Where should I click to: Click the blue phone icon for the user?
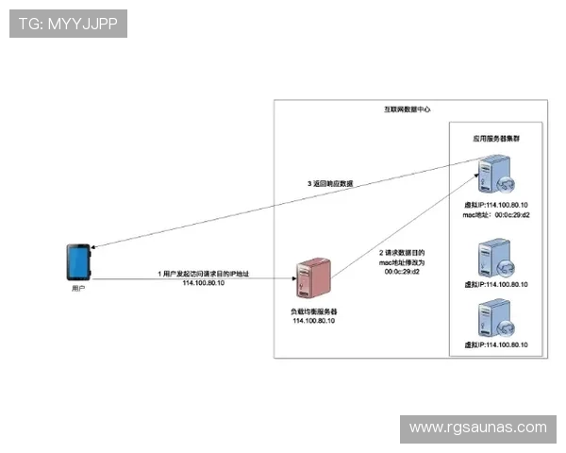pyautogui.click(x=78, y=261)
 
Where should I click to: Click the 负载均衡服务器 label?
pyautogui.click(x=313, y=310)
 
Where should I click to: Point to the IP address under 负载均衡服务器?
pyautogui.click(x=313, y=321)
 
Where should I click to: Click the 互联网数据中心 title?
pyautogui.click(x=407, y=109)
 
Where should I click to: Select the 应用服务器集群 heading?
pyautogui.click(x=496, y=138)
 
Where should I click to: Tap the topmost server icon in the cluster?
pyautogui.click(x=495, y=176)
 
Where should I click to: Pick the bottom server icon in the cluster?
pyautogui.click(x=495, y=320)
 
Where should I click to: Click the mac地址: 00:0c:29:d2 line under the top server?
pyautogui.click(x=496, y=214)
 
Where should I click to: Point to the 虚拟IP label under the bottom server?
pyautogui.click(x=496, y=345)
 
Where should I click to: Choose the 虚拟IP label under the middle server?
pyautogui.click(x=496, y=283)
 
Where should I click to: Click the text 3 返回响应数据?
pyautogui.click(x=330, y=183)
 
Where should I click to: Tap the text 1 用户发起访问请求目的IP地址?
pyautogui.click(x=203, y=273)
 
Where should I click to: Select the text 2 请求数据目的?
pyautogui.click(x=402, y=253)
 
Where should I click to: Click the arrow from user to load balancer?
pyautogui.click(x=189, y=279)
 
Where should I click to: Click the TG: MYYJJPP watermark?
pyautogui.click(x=67, y=24)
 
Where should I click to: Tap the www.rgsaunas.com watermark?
pyautogui.click(x=477, y=428)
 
